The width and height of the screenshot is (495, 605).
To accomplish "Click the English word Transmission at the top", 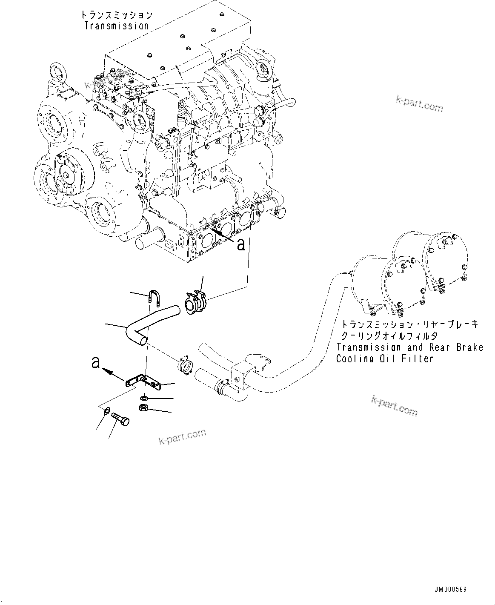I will [116, 26].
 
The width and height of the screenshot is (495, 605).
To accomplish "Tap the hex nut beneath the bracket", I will [143, 408].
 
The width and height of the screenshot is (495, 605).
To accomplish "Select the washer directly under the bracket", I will [144, 398].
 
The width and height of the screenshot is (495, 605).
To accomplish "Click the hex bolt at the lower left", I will [120, 419].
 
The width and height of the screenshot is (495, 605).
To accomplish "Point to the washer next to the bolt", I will [106, 410].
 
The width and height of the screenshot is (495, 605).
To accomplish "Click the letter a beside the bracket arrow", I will [96, 362].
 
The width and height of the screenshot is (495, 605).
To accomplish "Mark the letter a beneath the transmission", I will [241, 244].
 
